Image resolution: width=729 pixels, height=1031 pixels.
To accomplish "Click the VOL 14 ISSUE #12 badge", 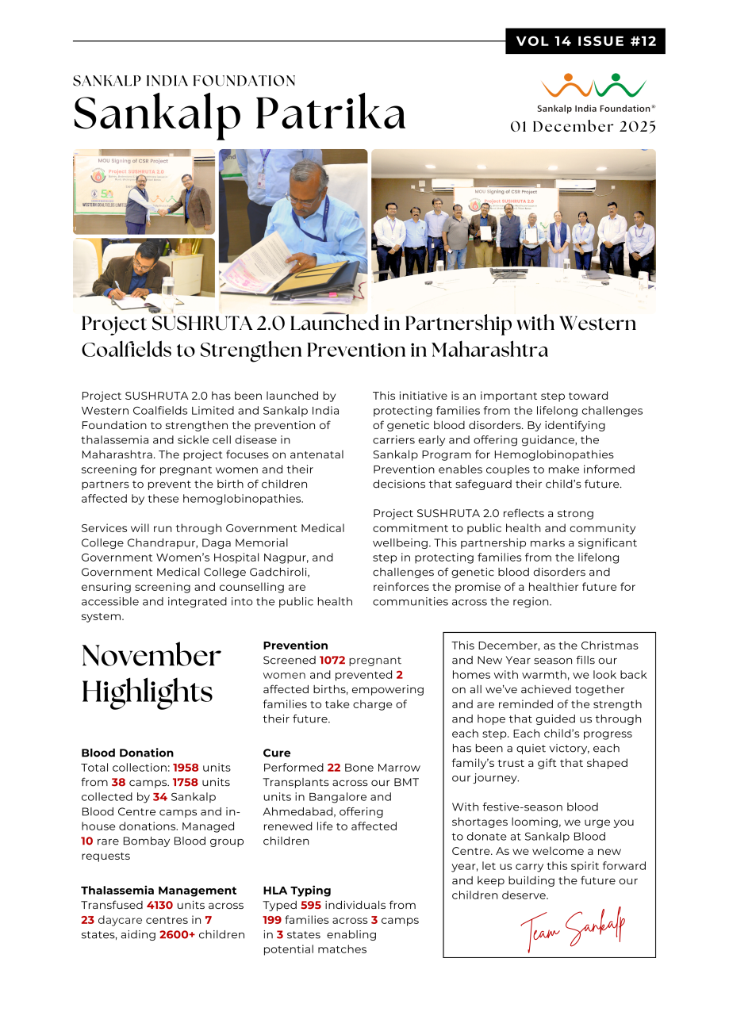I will (x=585, y=41).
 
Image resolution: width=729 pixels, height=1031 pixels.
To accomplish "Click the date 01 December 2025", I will (x=583, y=127).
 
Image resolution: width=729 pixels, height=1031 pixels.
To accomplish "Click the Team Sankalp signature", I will (x=573, y=928).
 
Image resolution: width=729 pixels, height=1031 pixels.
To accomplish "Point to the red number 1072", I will (x=333, y=660).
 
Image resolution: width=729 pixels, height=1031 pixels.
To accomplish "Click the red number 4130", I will (x=162, y=905).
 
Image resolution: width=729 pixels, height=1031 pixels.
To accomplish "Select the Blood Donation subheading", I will (x=127, y=753).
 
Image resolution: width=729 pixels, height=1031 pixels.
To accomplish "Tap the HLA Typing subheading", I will (x=297, y=890).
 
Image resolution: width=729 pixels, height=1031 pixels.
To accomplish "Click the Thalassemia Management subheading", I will (x=159, y=890).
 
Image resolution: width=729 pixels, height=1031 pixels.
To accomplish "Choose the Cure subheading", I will (x=277, y=753).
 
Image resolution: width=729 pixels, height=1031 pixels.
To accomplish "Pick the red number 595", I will (x=312, y=905).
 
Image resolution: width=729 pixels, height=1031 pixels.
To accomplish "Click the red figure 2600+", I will (x=177, y=934).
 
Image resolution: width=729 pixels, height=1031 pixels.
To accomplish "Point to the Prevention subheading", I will (x=295, y=646).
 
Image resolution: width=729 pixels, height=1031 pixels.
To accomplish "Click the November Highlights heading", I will (x=151, y=674).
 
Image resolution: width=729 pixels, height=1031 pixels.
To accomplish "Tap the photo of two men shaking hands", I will (x=144, y=193).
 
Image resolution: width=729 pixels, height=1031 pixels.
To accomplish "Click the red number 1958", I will (x=186, y=768).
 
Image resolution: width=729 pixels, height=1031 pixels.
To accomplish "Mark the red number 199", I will (x=273, y=920).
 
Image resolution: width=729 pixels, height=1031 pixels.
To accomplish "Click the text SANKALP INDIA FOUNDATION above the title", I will (x=184, y=81).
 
